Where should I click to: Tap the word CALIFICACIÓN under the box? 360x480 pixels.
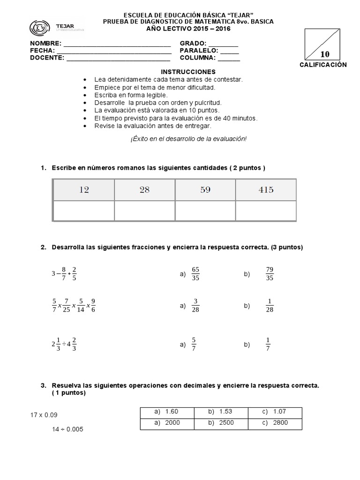click(x=323, y=65)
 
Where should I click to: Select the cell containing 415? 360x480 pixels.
click(x=266, y=190)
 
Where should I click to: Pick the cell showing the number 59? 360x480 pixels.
click(x=205, y=190)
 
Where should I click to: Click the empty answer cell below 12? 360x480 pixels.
click(x=84, y=210)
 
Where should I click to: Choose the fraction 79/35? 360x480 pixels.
click(x=269, y=274)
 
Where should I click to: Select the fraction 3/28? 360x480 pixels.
click(x=196, y=306)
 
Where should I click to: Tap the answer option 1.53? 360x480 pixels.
click(x=221, y=412)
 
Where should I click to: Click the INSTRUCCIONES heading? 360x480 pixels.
click(x=188, y=72)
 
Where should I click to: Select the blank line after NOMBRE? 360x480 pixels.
click(x=117, y=44)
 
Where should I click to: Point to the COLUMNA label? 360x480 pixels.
click(x=197, y=58)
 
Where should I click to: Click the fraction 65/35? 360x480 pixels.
click(x=196, y=274)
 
